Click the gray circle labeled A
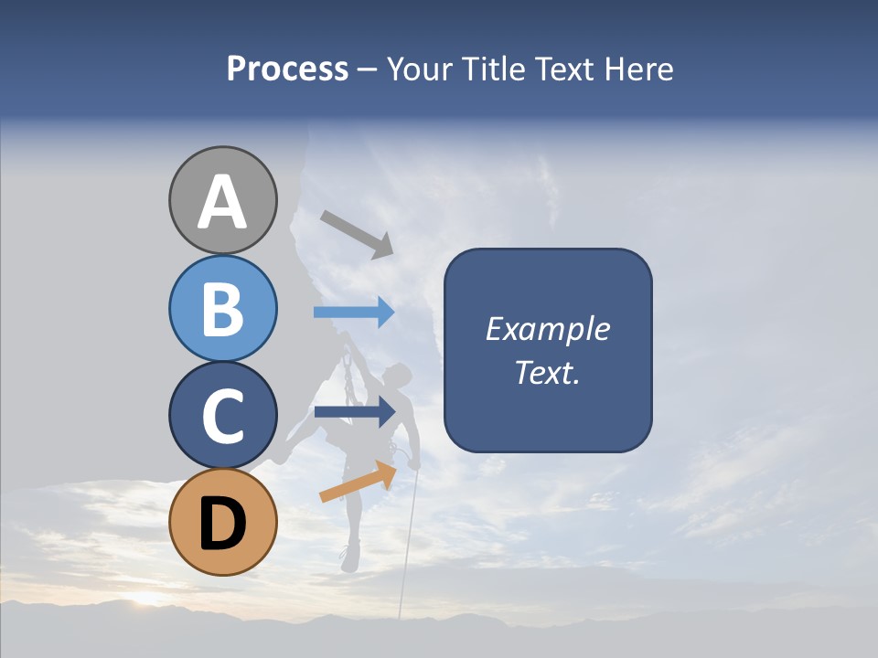(222, 200)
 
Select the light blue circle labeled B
(222, 308)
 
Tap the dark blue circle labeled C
(222, 416)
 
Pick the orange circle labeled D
(222, 522)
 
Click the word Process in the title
(287, 69)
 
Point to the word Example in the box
(547, 329)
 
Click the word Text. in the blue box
(547, 373)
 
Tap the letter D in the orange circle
(222, 524)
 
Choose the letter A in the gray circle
(222, 202)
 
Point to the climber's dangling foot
(348, 558)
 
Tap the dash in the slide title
(367, 70)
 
